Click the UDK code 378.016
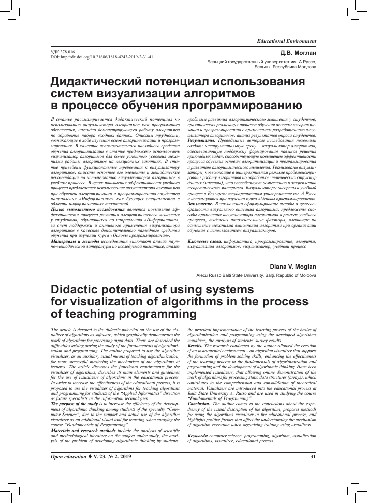point(61,52)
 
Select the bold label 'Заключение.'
point(203,204)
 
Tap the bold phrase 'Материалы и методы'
point(73,241)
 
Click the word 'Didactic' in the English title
point(76,289)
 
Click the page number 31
point(313,456)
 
